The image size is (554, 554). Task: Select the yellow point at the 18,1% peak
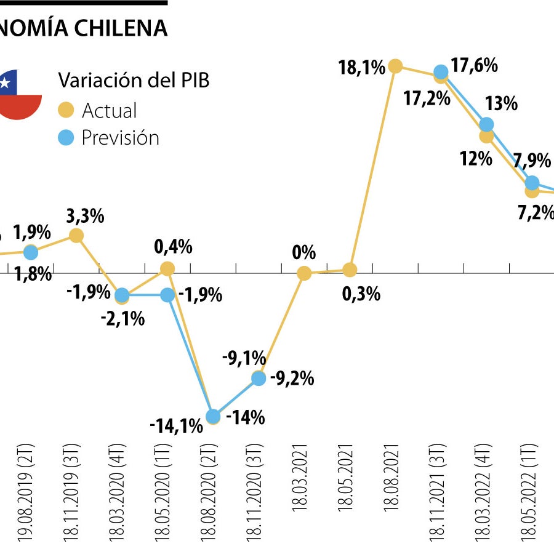(x=395, y=66)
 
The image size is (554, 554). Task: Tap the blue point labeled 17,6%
(x=441, y=72)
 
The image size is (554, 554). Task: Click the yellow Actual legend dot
(x=66, y=111)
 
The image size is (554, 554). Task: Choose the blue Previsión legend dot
(x=66, y=137)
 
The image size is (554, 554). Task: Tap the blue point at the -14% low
(x=213, y=417)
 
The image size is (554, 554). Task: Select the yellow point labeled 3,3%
(x=76, y=235)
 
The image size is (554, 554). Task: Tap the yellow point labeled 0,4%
(x=167, y=268)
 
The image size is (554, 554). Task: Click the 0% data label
(x=304, y=252)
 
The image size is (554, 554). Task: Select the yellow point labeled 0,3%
(x=350, y=270)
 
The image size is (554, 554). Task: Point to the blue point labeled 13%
(x=486, y=124)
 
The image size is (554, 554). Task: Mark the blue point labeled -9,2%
(x=259, y=379)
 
